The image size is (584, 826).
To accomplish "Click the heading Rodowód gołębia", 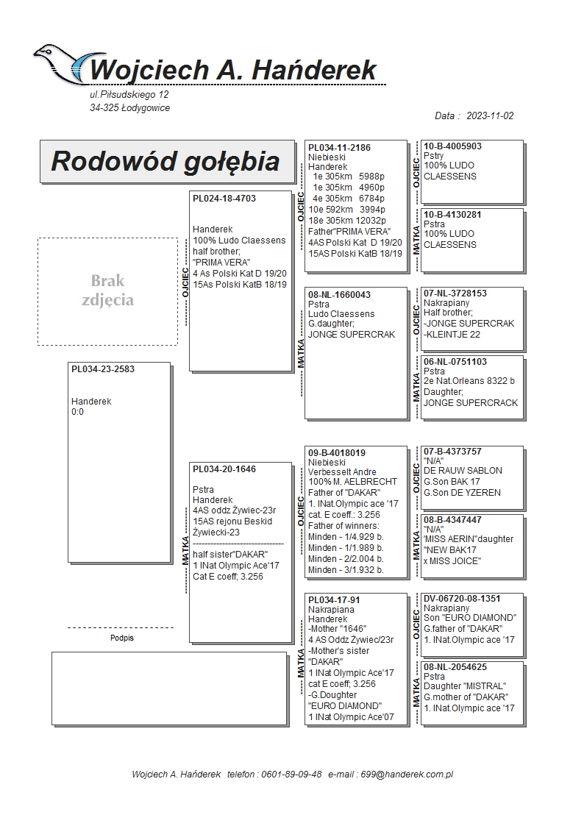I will [165, 161].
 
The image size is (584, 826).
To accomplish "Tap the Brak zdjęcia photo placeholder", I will [107, 291].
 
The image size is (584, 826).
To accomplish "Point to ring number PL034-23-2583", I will [103, 369].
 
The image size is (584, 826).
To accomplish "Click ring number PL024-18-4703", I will [224, 199].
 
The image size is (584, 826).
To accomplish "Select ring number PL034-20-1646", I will [224, 469].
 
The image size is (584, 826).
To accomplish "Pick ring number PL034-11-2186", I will [339, 148].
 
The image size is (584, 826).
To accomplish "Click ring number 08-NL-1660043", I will [339, 295].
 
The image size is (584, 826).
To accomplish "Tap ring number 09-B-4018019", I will [337, 453].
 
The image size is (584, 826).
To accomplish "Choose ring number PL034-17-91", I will [334, 600].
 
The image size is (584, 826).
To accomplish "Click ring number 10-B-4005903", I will [453, 146].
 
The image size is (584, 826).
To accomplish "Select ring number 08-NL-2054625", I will [455, 667].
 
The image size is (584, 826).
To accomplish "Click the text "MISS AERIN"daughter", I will [469, 539].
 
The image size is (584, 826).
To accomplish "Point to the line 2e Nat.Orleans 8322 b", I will [469, 382].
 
